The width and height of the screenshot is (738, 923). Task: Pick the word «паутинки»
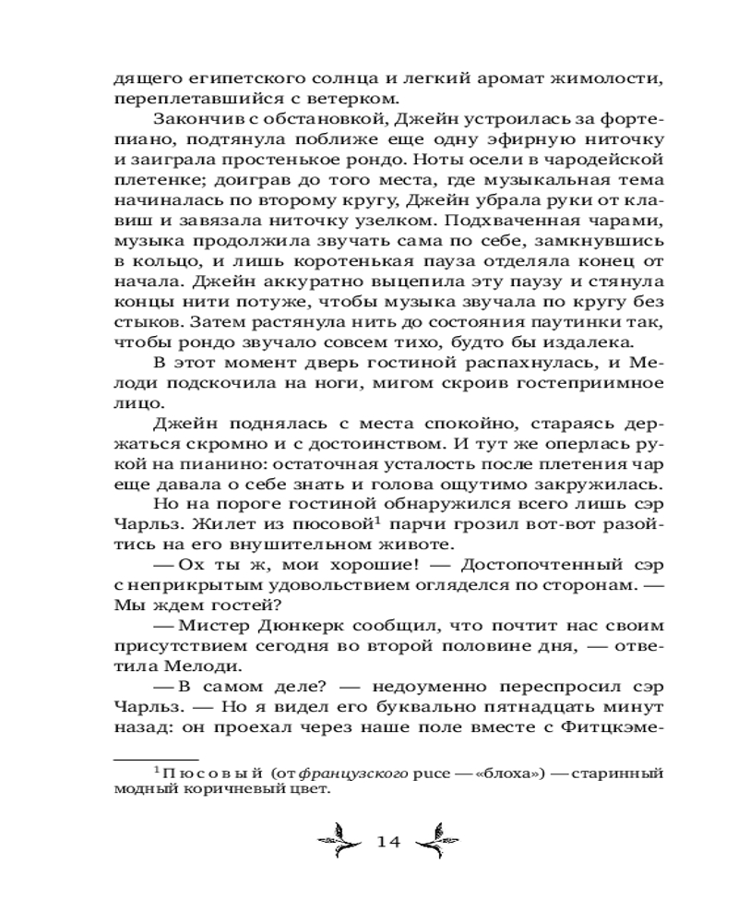point(557,320)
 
